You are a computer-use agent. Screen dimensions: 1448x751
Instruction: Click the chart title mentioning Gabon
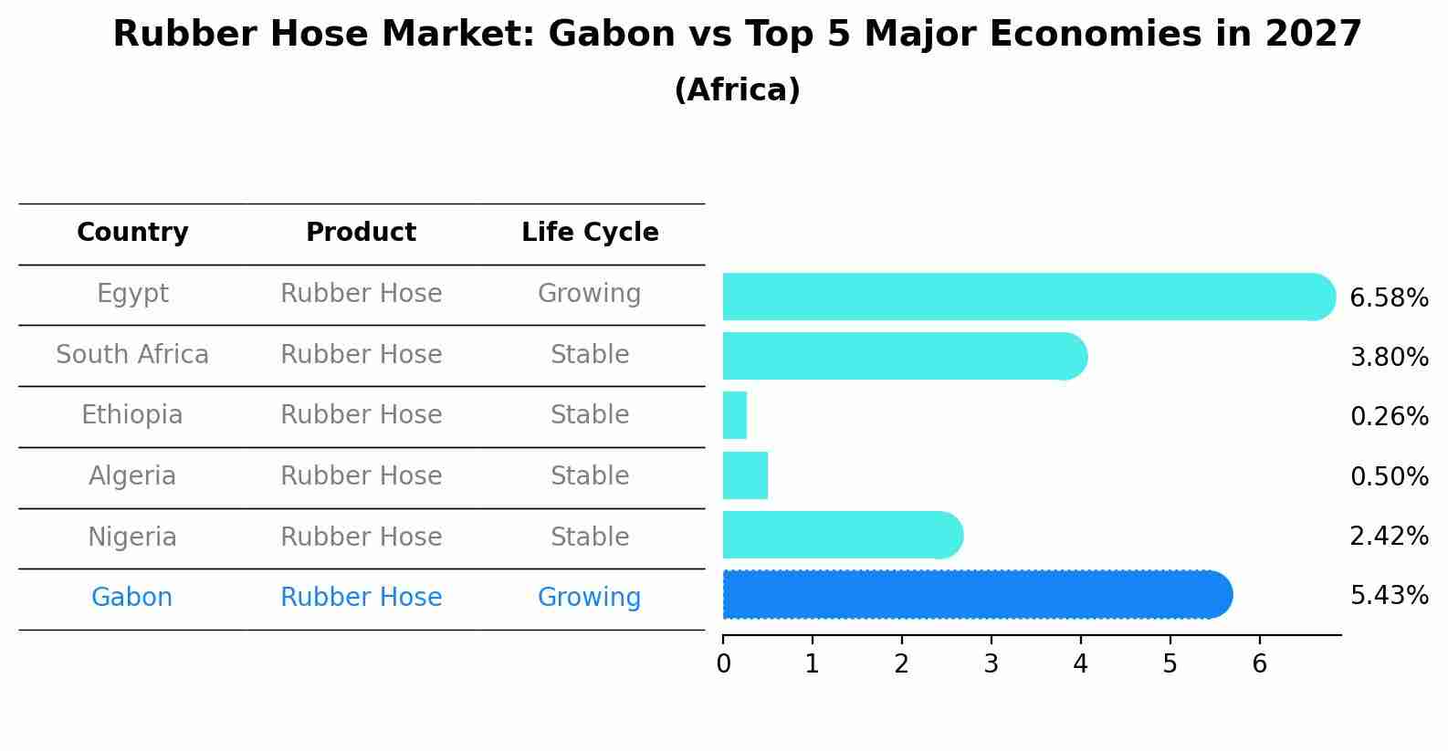[737, 34]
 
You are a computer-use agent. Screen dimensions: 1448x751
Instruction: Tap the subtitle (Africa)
[737, 89]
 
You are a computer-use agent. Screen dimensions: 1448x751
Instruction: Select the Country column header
[132, 232]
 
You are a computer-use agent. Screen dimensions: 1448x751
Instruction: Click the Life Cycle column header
[590, 232]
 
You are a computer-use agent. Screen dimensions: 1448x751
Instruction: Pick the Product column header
[362, 232]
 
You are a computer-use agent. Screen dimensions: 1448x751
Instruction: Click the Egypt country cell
[132, 294]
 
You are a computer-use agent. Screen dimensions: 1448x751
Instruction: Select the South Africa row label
[132, 354]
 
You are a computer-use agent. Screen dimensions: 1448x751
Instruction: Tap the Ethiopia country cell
[132, 415]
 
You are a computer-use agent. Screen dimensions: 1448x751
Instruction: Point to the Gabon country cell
[131, 597]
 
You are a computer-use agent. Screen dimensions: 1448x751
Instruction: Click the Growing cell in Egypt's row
[590, 294]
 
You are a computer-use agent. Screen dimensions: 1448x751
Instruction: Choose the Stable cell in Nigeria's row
[590, 537]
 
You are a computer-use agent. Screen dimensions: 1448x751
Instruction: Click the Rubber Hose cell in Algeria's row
[362, 475]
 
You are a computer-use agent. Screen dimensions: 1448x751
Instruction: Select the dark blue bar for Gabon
[978, 595]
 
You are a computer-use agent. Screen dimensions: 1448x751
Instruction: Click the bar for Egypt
[1029, 297]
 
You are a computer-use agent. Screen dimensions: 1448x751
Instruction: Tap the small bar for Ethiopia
[735, 415]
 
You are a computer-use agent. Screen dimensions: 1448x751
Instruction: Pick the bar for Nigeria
[843, 535]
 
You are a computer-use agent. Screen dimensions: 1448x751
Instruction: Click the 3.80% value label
[1390, 357]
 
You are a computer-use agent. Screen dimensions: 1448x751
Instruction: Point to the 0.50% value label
[1390, 476]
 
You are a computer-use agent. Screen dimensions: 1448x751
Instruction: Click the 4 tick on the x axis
[1081, 663]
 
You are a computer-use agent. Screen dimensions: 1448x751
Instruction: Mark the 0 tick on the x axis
[723, 663]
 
